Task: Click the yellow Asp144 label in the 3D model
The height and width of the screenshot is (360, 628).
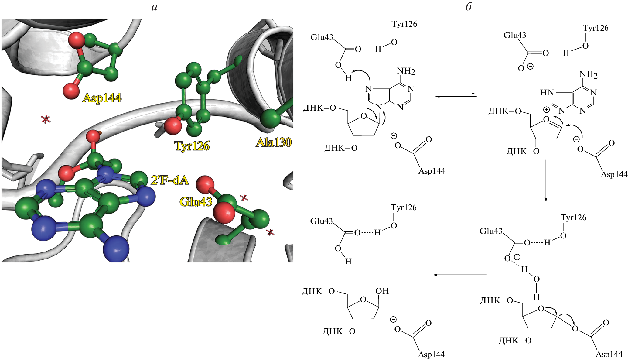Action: pos(102,98)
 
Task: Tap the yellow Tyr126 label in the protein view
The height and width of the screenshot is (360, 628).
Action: pos(192,146)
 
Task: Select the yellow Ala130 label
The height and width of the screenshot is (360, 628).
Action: pos(273,142)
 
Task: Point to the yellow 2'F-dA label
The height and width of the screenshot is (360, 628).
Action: pos(170,180)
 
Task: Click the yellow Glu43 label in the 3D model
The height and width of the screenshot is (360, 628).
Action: pos(196,202)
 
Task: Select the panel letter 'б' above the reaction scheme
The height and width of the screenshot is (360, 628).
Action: pos(468,7)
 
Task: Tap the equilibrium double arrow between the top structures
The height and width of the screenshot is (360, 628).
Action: pos(456,95)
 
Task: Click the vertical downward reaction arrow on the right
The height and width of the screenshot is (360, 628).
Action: pos(546,180)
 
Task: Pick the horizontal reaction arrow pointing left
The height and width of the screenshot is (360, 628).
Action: pos(460,275)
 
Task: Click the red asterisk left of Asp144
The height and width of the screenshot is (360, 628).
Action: pos(46,119)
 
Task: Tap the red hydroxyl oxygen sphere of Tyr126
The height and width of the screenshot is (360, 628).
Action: pos(172,126)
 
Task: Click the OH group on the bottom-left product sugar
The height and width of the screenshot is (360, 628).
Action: pos(382,291)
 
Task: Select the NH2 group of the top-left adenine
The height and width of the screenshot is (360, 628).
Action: pos(406,71)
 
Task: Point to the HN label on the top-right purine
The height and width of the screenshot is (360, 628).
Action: pos(547,92)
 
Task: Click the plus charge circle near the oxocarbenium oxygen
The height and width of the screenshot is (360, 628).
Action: pos(546,109)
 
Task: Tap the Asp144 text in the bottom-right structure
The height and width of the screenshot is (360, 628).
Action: pos(609,354)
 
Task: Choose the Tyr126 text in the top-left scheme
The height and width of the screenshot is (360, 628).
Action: pos(404,24)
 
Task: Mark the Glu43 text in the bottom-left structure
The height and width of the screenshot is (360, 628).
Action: pos(321,221)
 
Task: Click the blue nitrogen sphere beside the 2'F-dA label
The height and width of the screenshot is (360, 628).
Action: pos(146,196)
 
